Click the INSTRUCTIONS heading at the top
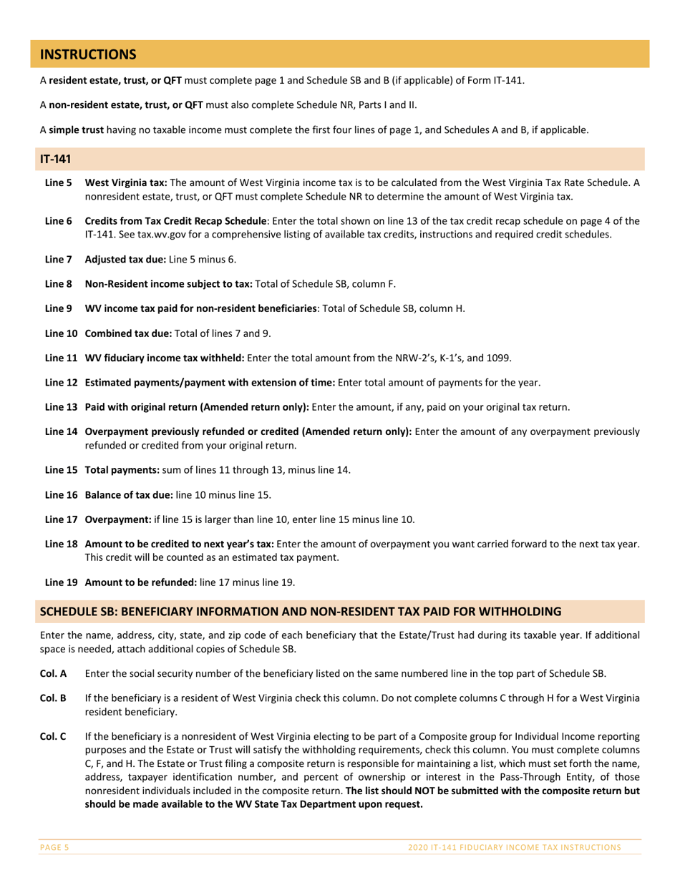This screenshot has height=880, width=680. click(87, 54)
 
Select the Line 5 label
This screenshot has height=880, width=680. click(58, 183)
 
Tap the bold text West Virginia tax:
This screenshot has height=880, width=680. click(126, 183)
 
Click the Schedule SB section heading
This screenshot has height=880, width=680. click(301, 612)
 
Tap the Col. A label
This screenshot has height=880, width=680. click(52, 673)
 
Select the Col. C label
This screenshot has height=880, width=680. click(52, 735)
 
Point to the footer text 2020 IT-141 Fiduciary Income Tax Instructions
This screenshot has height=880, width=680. click(514, 847)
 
